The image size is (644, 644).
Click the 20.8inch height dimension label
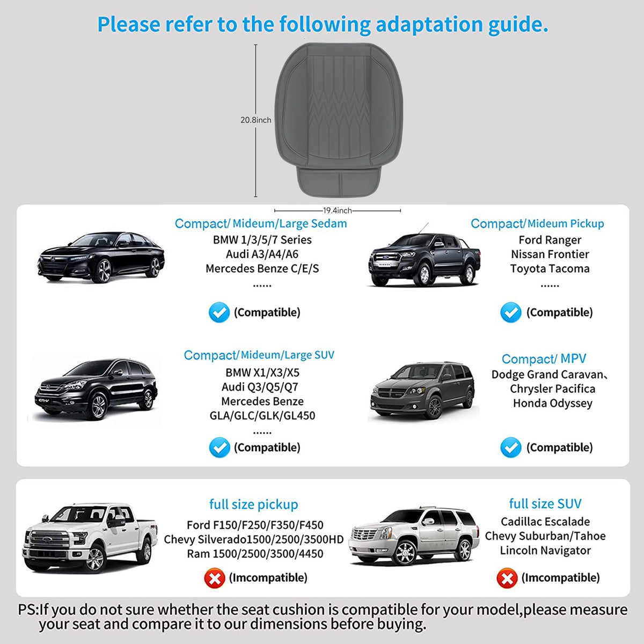(x=255, y=120)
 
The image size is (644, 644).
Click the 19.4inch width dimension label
(x=337, y=210)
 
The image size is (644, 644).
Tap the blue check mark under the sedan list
(x=219, y=312)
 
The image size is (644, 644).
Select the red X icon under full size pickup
(x=215, y=578)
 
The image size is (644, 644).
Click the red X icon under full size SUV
(x=507, y=578)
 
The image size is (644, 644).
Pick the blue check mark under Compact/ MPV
(x=511, y=447)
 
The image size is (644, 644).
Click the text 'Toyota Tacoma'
(x=550, y=269)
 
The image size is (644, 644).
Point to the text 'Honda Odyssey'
(x=553, y=404)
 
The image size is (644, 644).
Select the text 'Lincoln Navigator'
(x=545, y=551)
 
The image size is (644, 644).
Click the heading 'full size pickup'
(x=254, y=504)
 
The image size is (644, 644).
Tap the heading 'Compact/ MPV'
(x=544, y=359)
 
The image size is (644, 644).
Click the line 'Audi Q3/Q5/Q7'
(x=260, y=387)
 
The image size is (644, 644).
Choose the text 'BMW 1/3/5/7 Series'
(x=262, y=240)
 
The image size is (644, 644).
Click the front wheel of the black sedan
(x=103, y=271)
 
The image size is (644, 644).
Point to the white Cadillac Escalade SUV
(x=414, y=536)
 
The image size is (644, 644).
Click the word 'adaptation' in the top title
(x=429, y=25)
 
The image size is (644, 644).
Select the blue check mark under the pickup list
(x=511, y=312)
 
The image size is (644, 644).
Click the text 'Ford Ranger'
(x=550, y=240)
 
